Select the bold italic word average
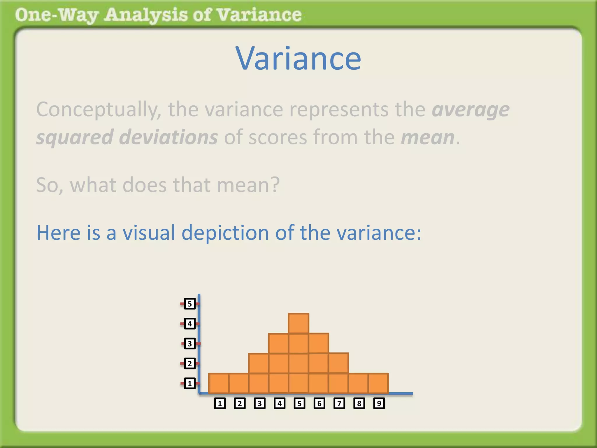pos(470,110)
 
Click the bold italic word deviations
pos(168,137)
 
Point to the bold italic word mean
pos(427,137)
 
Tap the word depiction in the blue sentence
pos(225,233)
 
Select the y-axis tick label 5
pos(190,304)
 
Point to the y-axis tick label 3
pos(190,344)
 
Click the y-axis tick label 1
pos(190,383)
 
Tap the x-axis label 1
pos(220,403)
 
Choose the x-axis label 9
pos(379,403)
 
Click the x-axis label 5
pos(299,403)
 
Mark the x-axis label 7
pos(339,403)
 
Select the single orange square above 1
pos(219,383)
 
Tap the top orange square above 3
pos(259,363)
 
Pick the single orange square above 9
pos(378,383)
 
